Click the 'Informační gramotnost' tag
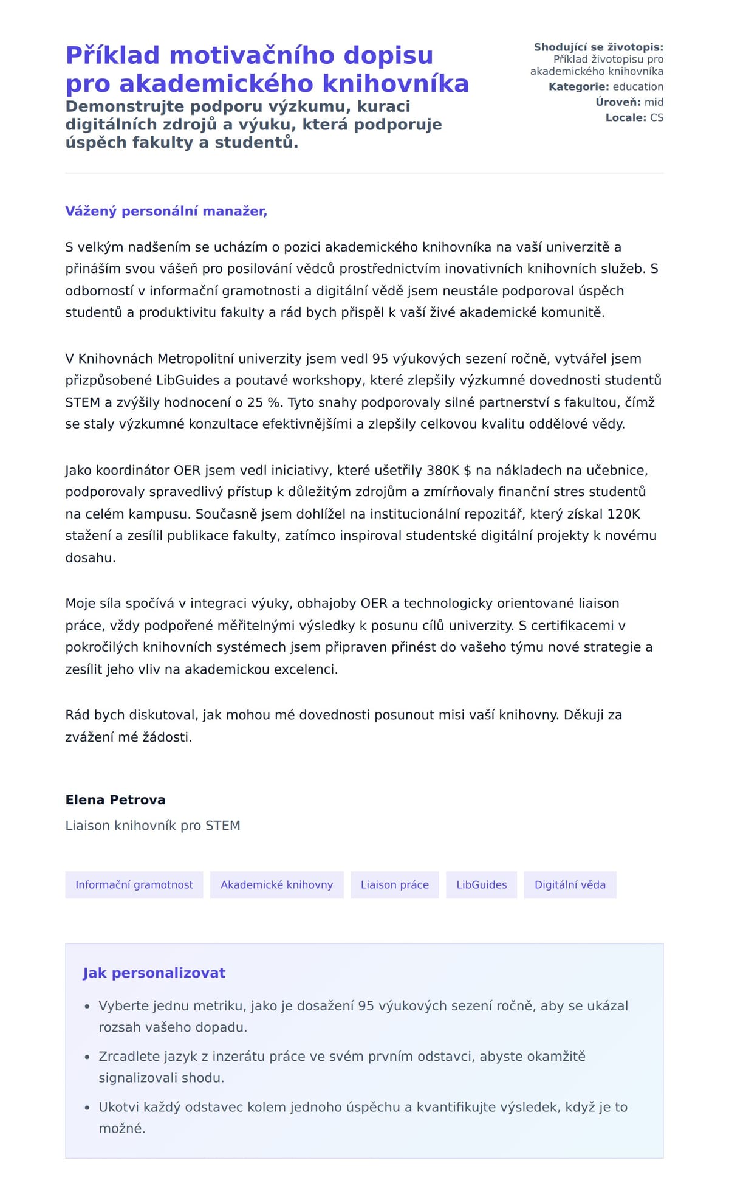tap(134, 884)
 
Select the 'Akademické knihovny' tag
tap(276, 884)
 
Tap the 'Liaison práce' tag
tap(394, 884)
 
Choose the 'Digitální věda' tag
tap(570, 884)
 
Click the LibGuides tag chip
tap(481, 884)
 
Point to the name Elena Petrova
tap(115, 799)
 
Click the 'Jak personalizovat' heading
tap(154, 973)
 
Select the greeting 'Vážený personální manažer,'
tap(166, 211)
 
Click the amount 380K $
tap(449, 470)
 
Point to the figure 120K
tap(623, 514)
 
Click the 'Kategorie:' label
tap(578, 87)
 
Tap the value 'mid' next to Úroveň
tap(654, 102)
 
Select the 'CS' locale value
tap(657, 117)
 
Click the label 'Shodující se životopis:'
tap(598, 47)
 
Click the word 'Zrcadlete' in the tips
tap(128, 1056)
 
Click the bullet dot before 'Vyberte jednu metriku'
tap(87, 1007)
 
